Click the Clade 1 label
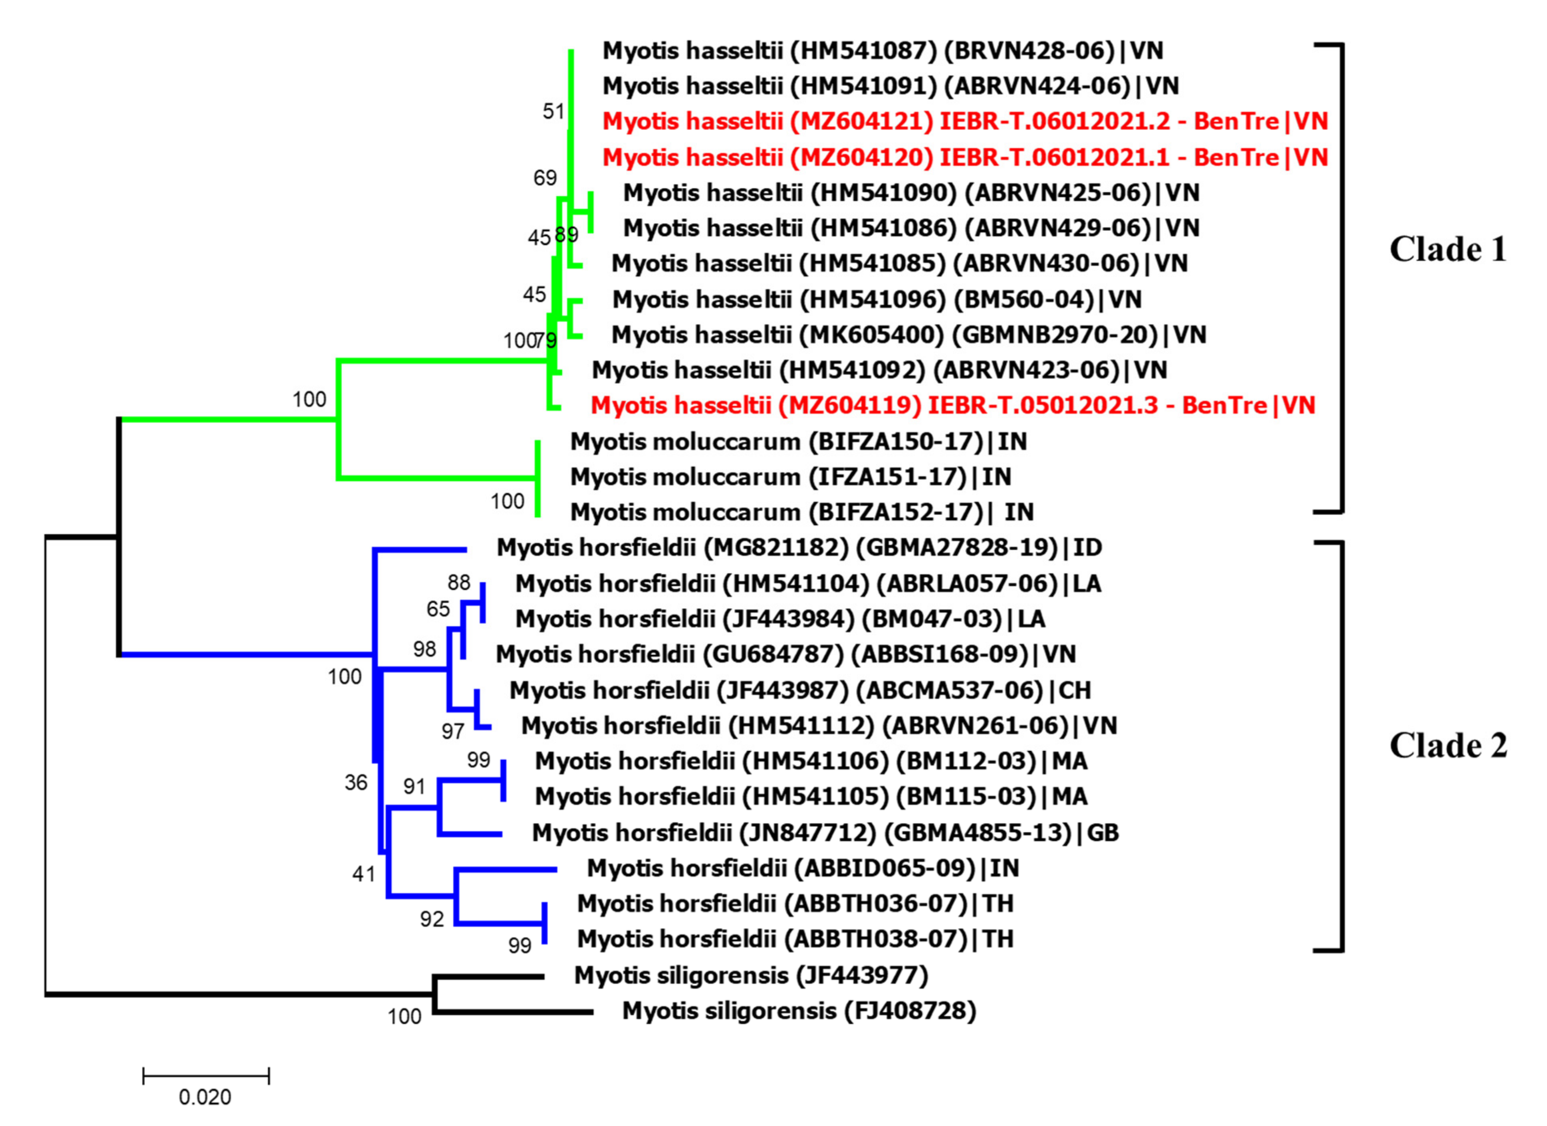[1447, 250]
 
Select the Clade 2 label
[1447, 745]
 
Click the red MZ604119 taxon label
[952, 405]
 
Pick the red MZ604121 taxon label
[964, 121]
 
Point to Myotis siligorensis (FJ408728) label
[799, 1011]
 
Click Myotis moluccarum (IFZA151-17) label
[790, 477]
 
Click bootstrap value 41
[363, 874]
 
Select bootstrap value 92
[432, 919]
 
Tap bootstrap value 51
[554, 111]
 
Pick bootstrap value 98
[424, 649]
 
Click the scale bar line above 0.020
[206, 1076]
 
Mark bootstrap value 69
[545, 178]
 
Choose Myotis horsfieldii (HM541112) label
[819, 726]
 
